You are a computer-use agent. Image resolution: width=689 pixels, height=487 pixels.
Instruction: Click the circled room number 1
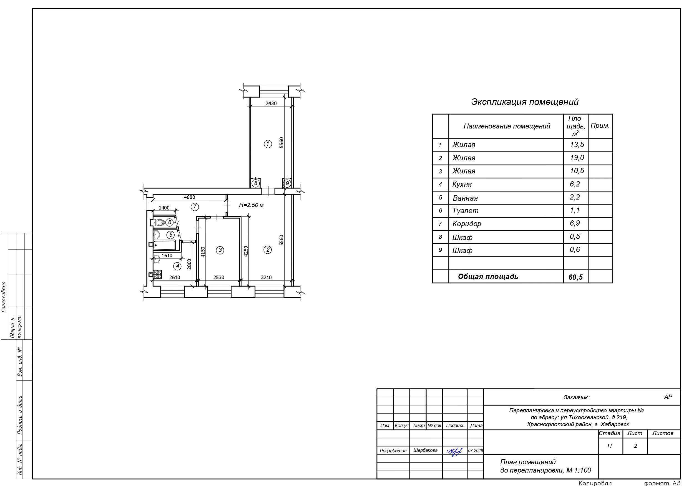point(268,144)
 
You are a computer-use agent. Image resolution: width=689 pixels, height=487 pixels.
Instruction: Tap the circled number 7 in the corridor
point(195,207)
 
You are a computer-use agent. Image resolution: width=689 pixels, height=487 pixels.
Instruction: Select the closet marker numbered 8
point(256,183)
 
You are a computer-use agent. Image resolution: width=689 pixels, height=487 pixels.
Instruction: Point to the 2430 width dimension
point(271,104)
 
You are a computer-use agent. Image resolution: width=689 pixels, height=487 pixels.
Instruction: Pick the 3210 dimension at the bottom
point(266,277)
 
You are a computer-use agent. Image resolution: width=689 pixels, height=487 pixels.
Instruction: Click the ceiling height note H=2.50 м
point(251,205)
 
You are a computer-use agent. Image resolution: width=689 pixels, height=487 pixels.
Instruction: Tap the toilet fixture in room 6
point(158,222)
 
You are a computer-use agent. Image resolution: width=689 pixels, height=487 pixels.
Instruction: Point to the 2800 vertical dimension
point(189,264)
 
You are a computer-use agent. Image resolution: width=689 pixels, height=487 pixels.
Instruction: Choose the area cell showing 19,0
point(577,158)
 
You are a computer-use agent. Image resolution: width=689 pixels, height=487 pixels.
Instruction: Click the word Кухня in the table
point(462,185)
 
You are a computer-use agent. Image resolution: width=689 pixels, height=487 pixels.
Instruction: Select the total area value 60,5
point(575,277)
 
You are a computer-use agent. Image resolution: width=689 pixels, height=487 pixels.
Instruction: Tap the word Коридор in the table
point(467,224)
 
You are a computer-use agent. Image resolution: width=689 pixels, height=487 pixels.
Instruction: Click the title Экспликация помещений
point(525,102)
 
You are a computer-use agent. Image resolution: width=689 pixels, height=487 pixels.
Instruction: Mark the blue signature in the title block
point(454,451)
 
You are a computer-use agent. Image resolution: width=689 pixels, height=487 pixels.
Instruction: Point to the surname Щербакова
point(425,450)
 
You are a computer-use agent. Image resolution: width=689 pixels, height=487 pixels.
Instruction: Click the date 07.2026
point(476,451)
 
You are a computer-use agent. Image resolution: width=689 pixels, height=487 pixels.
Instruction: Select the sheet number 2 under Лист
point(635,446)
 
